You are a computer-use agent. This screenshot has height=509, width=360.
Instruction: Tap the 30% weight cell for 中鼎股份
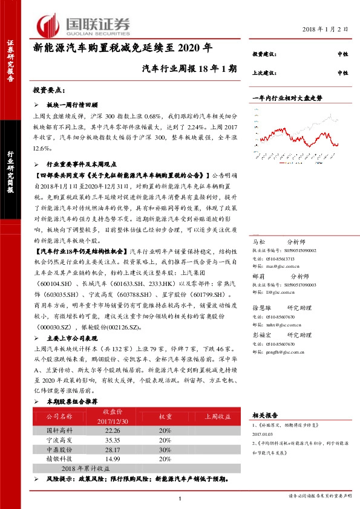coord(165,450)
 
